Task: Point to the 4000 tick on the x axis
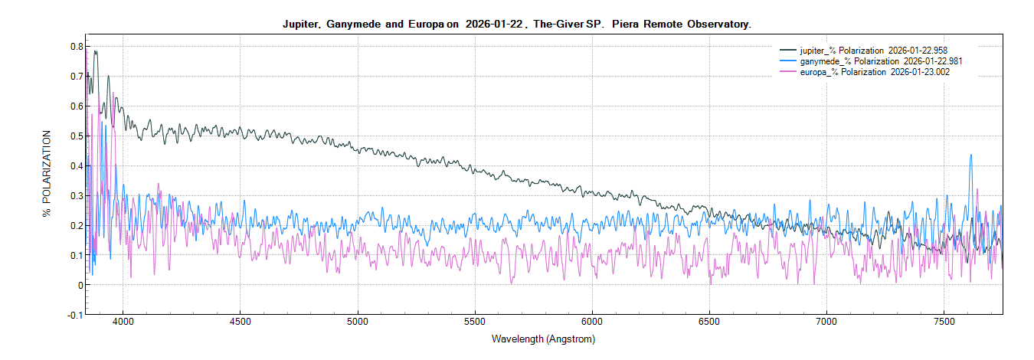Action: click(x=123, y=323)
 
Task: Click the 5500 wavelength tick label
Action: click(x=476, y=323)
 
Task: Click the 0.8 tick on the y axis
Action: click(x=74, y=47)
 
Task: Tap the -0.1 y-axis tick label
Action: click(x=73, y=315)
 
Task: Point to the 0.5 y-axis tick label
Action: click(x=74, y=136)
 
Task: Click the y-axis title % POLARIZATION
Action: click(x=47, y=174)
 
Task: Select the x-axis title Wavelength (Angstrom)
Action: click(x=543, y=339)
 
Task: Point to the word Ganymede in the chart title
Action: click(x=353, y=25)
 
